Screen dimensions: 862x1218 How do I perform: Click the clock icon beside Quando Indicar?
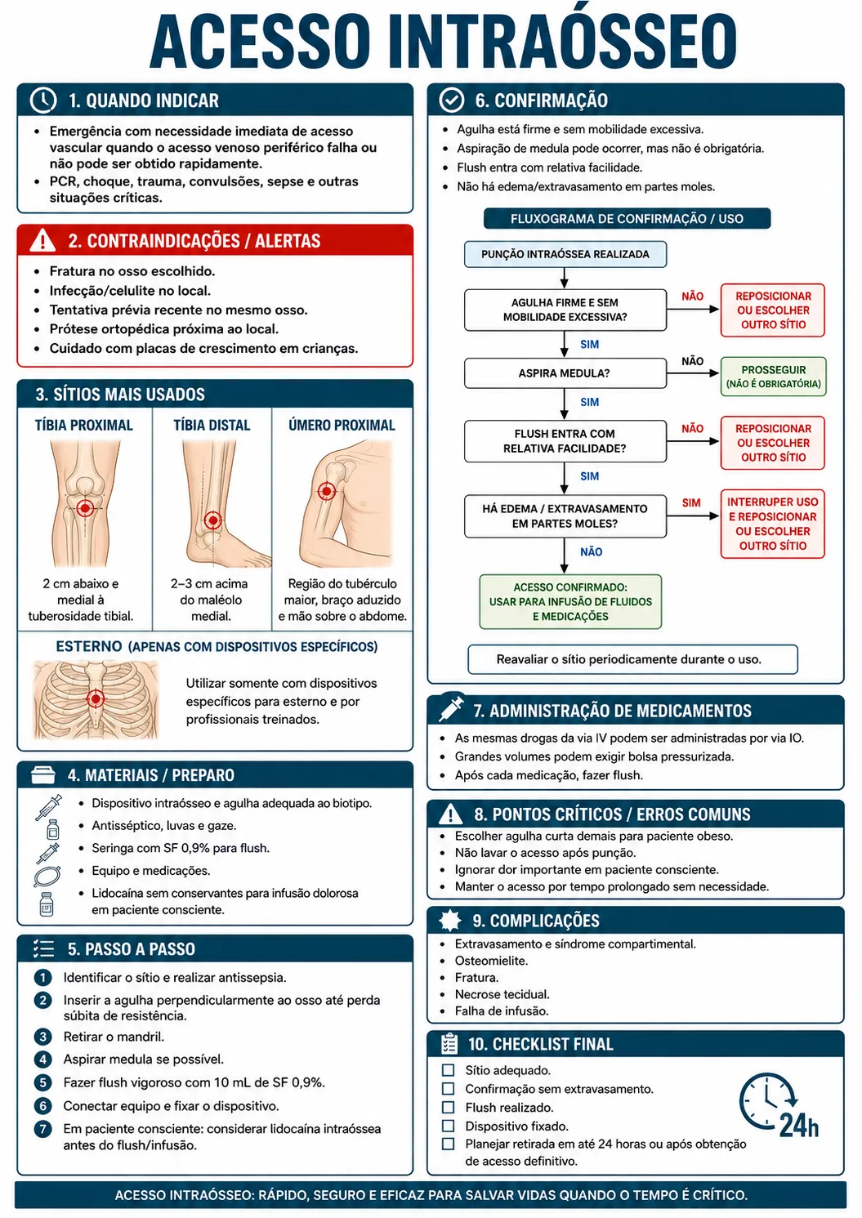43,100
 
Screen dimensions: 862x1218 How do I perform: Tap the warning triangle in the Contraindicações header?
42,240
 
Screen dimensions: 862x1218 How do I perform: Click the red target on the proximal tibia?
84,508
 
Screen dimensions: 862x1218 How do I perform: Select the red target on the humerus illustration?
326,491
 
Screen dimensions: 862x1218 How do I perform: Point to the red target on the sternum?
96,698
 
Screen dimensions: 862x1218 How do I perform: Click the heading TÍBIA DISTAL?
212,426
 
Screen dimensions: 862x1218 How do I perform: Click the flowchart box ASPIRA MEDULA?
565,373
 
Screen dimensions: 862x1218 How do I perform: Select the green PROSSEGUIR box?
773,377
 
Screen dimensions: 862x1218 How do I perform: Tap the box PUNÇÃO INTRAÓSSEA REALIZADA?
565,254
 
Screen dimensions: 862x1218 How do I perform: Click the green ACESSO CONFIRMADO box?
570,601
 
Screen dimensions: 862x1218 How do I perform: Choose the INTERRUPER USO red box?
772,524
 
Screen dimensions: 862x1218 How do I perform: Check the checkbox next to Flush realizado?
448,1107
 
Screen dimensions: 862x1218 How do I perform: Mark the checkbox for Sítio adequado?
448,1070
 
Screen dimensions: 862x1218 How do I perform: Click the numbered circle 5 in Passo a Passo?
43,1082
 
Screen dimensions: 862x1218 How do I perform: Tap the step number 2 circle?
43,999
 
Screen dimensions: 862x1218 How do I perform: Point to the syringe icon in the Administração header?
451,709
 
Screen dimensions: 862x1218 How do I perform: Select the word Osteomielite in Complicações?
491,960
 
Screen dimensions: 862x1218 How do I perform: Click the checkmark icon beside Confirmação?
451,100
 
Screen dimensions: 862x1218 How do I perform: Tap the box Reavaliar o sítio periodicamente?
632,659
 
